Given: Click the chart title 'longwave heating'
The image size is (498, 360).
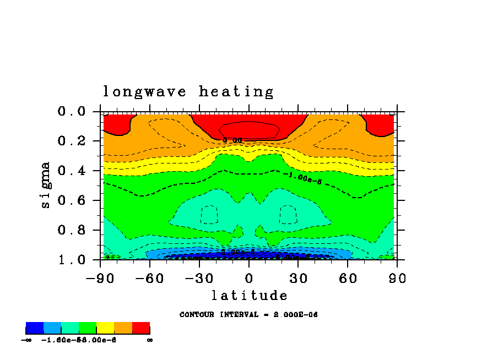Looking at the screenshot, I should pos(188,91).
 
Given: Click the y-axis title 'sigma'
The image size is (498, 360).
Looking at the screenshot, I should pos(46,184).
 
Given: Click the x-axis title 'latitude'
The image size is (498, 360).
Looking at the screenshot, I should pos(248,296).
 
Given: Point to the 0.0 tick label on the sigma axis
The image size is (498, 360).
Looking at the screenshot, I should pos(72,112).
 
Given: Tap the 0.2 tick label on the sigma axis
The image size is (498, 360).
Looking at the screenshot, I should pos(72,141).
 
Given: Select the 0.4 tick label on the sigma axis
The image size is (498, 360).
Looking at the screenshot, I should pos(72,171).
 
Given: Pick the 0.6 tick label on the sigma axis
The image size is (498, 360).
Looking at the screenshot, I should pos(72,200).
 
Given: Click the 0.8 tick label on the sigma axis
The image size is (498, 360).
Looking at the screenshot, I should pos(72,230).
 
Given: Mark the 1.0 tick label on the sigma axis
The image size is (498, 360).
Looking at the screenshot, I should pos(72,260).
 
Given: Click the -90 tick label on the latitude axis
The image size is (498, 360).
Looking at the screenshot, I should pos(100,278).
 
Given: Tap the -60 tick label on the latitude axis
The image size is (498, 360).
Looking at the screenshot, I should pos(150,278).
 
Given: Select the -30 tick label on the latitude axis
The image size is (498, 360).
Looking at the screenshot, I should pos(199,278).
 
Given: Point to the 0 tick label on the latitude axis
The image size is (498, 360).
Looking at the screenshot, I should pos(249,278).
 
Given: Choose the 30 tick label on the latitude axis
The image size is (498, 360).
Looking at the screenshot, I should pos(298,278).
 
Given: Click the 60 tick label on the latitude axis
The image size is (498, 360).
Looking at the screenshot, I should pos(348,278).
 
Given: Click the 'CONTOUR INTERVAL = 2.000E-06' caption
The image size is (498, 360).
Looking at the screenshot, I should pos(248,315).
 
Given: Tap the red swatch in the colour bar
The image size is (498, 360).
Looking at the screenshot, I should pos(141,328).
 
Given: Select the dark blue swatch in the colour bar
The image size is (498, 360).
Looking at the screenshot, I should pos(35,328).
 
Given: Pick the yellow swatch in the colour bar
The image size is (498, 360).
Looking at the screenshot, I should pos(105,328).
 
